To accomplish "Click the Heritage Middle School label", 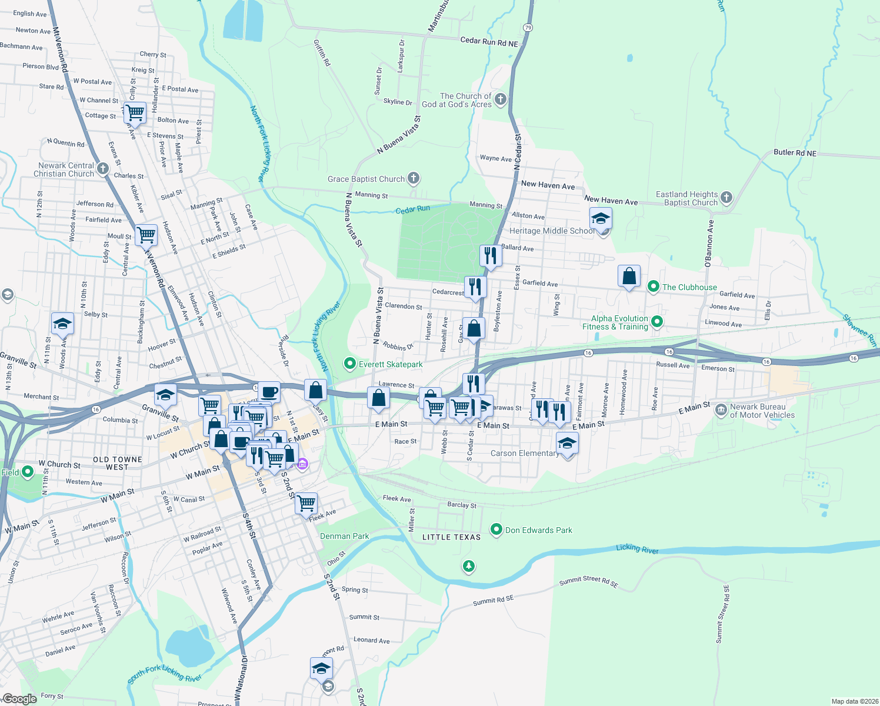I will point(552,231).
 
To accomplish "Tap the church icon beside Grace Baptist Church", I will point(414,178).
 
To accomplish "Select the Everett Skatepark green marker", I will point(350,364).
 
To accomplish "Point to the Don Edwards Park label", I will point(538,530).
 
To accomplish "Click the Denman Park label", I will point(345,536).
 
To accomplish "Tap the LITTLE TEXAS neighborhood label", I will point(451,537).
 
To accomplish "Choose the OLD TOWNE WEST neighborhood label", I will point(118,463).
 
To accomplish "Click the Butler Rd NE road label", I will point(795,152).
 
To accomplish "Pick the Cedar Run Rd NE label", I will point(489,41).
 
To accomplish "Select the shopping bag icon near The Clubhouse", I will point(629,276).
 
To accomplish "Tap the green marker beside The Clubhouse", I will point(653,287).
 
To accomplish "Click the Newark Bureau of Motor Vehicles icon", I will point(721,410).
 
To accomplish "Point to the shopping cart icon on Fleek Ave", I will point(306,504).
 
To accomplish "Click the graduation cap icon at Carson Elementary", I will point(567,443).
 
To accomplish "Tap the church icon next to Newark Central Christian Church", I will point(103,169).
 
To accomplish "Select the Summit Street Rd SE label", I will point(588,582).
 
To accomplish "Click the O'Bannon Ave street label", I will point(709,244).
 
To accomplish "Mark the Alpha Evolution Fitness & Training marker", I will point(658,322).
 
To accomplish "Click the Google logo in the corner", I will point(19,699).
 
